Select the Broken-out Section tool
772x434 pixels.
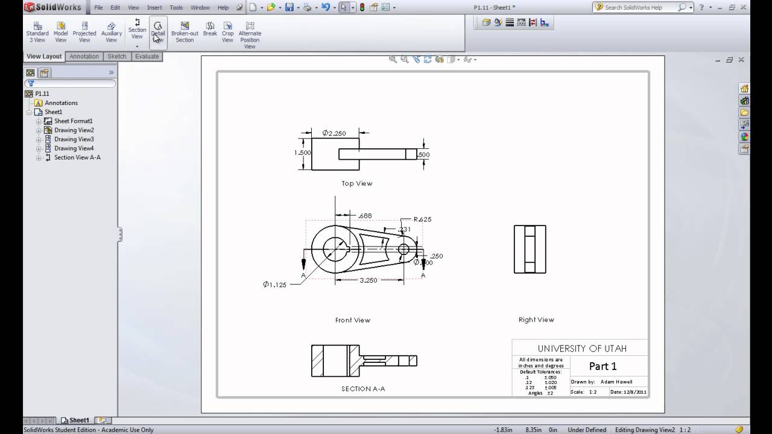coord(185,33)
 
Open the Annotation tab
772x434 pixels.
coord(84,56)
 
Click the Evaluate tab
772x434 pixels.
coord(147,56)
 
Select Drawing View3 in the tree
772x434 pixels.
coord(74,139)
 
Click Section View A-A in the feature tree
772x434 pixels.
coord(77,157)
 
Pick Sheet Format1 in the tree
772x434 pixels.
coord(73,121)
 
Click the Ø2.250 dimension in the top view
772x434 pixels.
coord(334,133)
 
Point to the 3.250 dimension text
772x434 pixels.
coord(368,280)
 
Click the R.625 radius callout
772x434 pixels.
coord(422,219)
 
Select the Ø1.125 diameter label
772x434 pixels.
coord(274,285)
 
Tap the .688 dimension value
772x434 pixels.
coord(364,215)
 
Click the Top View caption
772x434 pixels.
coord(356,183)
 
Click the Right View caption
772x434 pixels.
coord(536,319)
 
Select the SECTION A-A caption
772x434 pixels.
coord(363,389)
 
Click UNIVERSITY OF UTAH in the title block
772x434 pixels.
coord(581,348)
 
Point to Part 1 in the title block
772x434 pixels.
coord(603,366)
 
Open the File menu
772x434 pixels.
coord(98,8)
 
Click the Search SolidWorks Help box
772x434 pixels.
coord(640,7)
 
